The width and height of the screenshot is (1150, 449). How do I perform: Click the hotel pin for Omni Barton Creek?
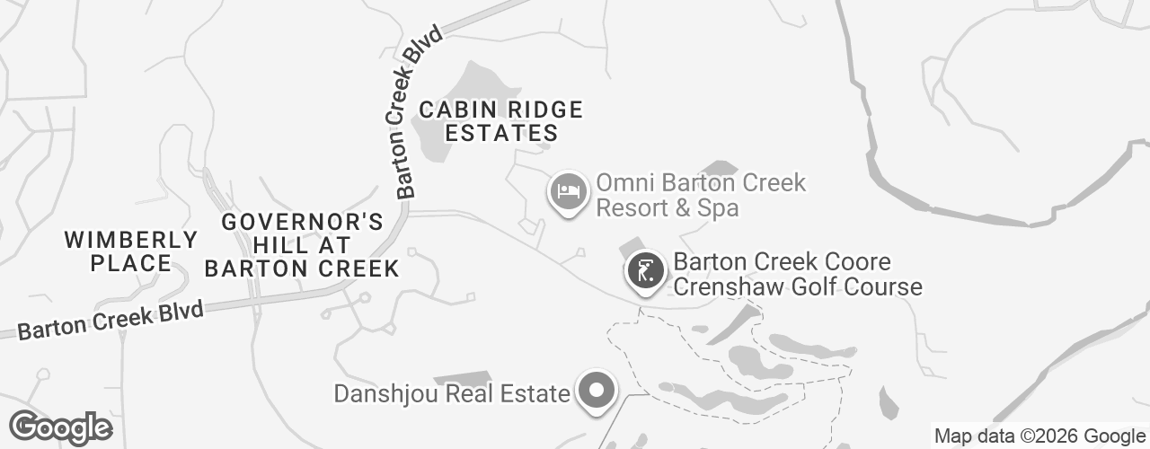pos(568,191)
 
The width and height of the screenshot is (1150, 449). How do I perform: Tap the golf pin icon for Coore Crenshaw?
pos(645,269)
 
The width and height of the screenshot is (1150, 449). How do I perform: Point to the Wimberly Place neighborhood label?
pos(131,251)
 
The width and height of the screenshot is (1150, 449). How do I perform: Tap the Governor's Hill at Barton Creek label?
pos(302,245)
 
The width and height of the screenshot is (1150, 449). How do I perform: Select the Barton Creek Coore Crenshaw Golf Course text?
pos(798,275)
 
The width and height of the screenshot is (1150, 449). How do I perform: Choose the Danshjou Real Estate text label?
pos(452,393)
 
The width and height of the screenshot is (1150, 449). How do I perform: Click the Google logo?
pos(60,428)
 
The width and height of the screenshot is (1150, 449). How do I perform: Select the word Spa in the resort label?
pos(721,208)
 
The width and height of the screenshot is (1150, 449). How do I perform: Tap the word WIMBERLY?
pos(131,240)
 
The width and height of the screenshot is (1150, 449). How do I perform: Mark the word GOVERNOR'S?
pos(302,222)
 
